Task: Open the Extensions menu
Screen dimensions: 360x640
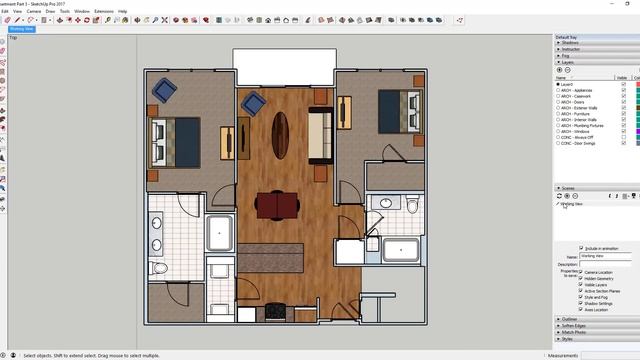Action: click(x=104, y=11)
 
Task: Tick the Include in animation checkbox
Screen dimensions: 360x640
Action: click(x=581, y=248)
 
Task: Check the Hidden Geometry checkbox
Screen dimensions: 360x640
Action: click(x=582, y=279)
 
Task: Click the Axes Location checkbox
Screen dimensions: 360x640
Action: click(x=582, y=310)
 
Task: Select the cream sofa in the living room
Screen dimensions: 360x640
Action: click(x=319, y=137)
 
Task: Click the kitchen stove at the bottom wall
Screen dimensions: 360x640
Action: click(x=271, y=311)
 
